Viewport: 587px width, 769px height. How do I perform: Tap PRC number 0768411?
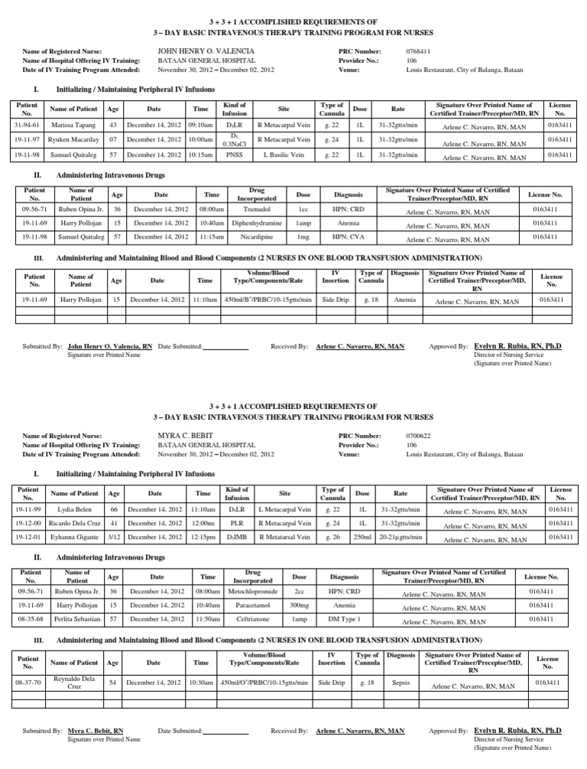point(419,50)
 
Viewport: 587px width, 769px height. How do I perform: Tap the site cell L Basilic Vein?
point(284,156)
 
